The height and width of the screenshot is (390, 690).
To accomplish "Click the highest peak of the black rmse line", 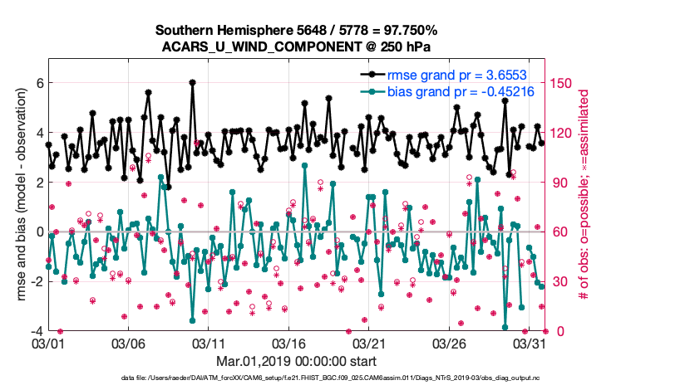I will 192,83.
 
